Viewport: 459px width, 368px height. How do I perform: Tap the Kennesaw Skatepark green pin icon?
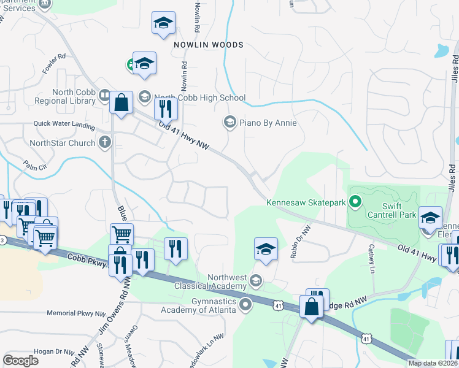click(x=354, y=201)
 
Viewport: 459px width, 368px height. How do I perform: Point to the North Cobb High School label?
click(x=199, y=98)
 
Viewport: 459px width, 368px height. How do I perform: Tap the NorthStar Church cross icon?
click(x=105, y=143)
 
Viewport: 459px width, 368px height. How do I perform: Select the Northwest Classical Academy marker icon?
click(x=256, y=282)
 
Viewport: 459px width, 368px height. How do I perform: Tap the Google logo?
click(x=20, y=360)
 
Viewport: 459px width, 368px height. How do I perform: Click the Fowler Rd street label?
click(x=55, y=63)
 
